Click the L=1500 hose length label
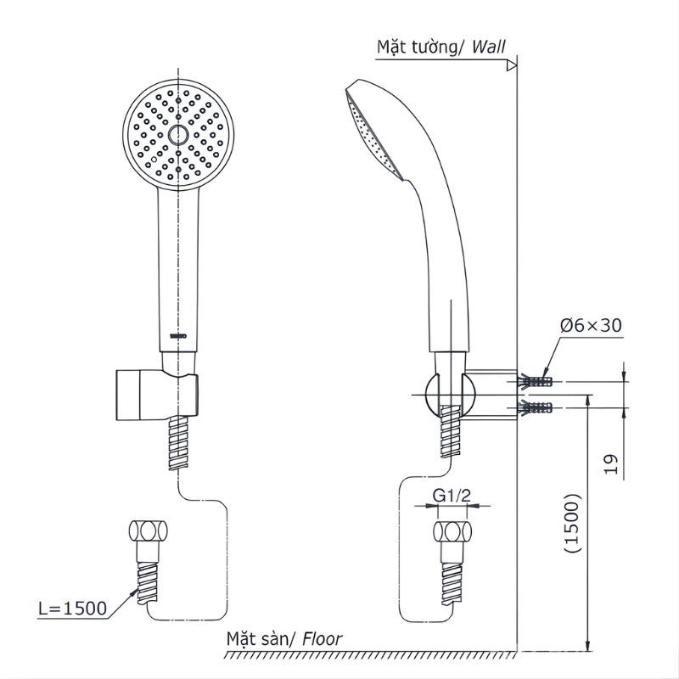pos(72,609)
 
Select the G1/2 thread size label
pos(452,495)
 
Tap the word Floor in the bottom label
pos(323,639)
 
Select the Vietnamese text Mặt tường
pos(417,48)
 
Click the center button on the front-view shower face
pos(178,135)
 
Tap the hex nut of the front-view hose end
pos(149,533)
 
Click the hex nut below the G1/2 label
pos(451,533)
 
